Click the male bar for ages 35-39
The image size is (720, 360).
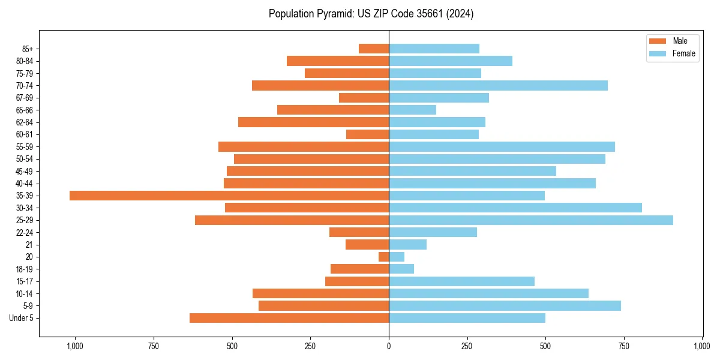[229, 196]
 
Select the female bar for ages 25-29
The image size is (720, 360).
[531, 220]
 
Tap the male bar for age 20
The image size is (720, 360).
[384, 257]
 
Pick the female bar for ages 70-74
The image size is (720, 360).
[498, 86]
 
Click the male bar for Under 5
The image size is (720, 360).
[289, 318]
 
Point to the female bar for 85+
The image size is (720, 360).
[434, 49]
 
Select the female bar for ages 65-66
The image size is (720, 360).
[412, 110]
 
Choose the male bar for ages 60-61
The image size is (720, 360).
[367, 134]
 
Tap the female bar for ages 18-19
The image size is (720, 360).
[401, 269]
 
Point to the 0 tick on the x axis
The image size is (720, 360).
[389, 346]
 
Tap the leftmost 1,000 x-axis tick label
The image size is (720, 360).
[75, 346]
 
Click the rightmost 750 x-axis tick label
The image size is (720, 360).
[624, 346]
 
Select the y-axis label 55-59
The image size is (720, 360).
[25, 147]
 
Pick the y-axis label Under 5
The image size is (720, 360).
[22, 318]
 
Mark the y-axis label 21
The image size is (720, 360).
[29, 245]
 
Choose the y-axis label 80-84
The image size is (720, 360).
[25, 61]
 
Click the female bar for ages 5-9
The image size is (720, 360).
[505, 306]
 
